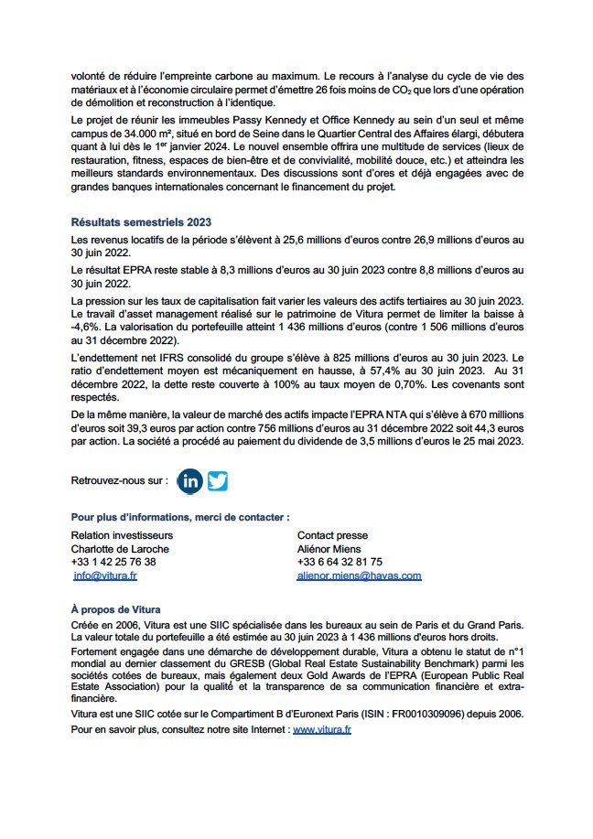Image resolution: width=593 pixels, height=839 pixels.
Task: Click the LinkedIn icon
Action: pyautogui.click(x=190, y=480)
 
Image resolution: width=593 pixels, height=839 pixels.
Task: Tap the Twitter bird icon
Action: pyautogui.click(x=217, y=480)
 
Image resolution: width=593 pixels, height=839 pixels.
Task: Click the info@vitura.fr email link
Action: pyautogui.click(x=105, y=575)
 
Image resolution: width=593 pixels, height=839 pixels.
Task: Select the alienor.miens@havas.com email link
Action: pyautogui.click(x=359, y=575)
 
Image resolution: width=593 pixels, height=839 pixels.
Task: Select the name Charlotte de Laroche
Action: pyautogui.click(x=119, y=548)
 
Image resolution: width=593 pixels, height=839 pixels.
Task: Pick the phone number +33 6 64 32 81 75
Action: pyautogui.click(x=340, y=562)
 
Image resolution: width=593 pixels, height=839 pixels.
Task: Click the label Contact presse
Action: pyautogui.click(x=332, y=534)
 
